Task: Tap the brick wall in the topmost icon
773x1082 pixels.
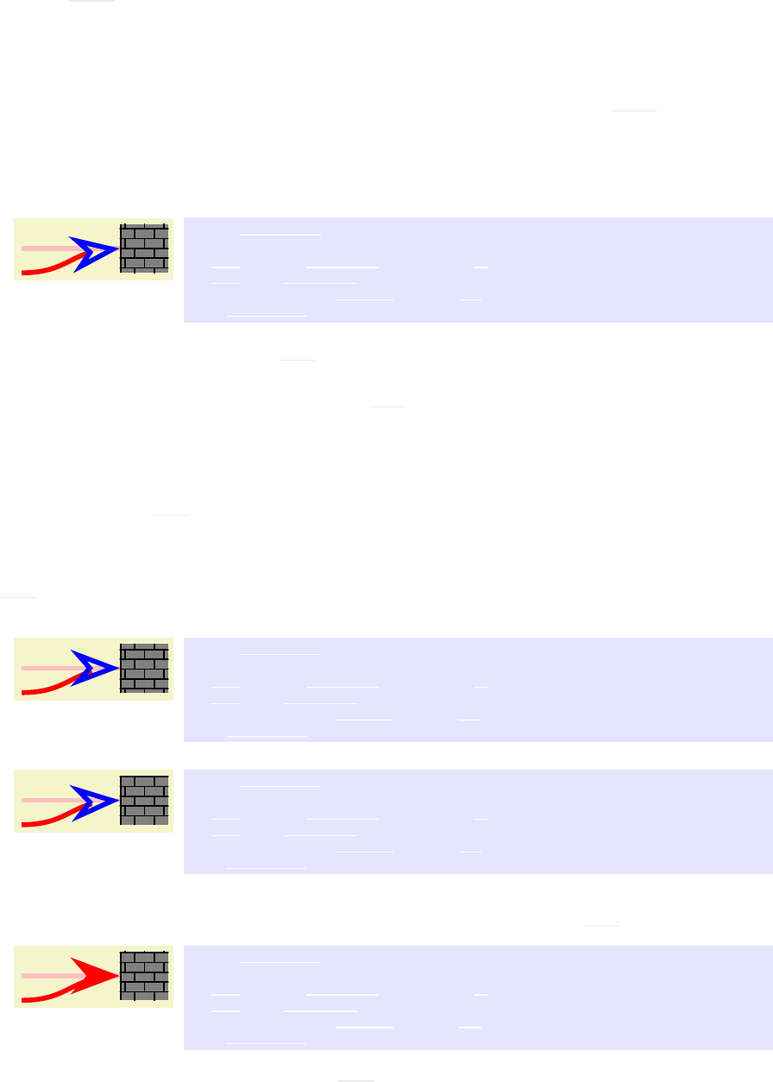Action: (x=144, y=248)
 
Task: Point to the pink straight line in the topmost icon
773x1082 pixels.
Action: (x=47, y=248)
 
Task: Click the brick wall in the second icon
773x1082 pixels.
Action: (x=144, y=668)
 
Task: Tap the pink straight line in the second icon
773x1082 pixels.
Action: (x=47, y=668)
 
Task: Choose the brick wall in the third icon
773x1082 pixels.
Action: (x=144, y=800)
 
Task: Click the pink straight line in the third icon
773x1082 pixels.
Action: (x=47, y=800)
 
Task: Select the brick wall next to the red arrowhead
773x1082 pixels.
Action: (x=144, y=976)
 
